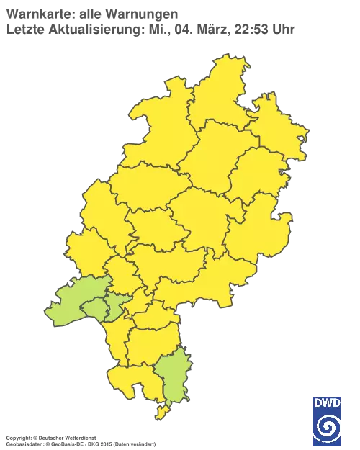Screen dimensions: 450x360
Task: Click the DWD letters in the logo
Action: point(327,402)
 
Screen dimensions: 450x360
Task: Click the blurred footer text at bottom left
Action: point(79,437)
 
